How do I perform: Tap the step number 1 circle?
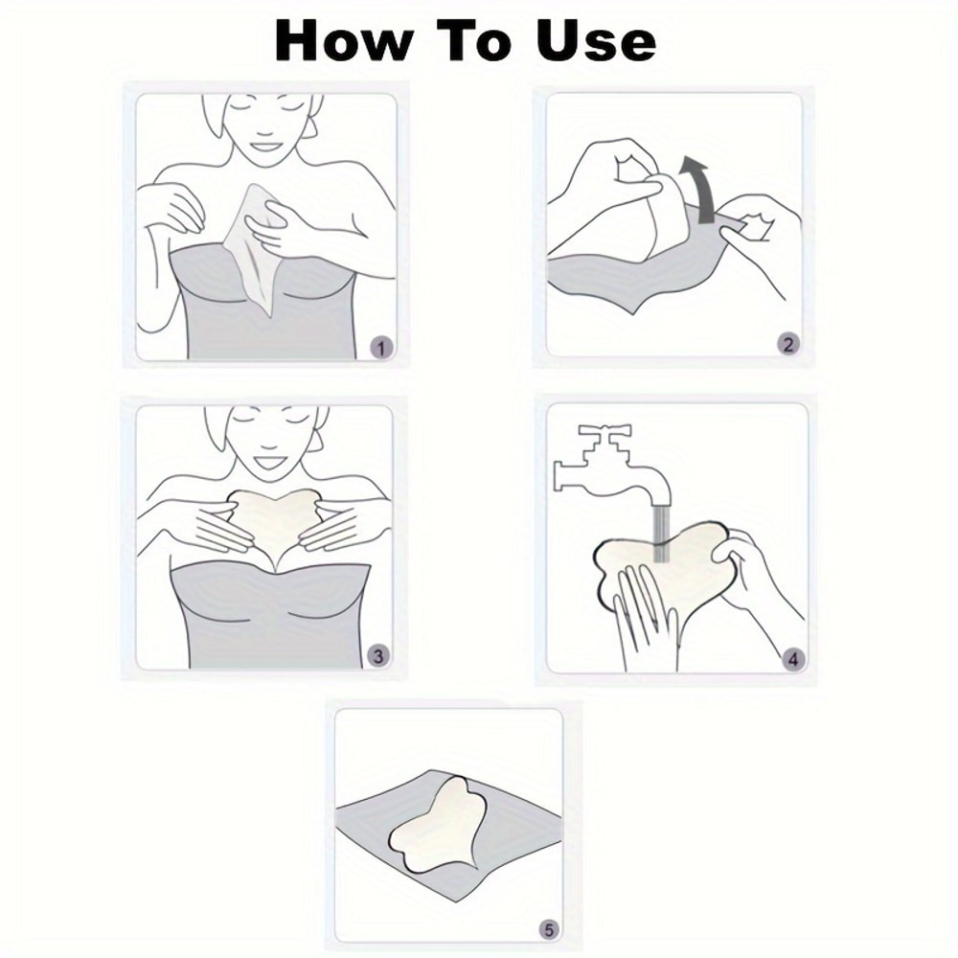(x=381, y=348)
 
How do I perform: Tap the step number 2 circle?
(x=787, y=345)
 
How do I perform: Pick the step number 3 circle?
(x=378, y=656)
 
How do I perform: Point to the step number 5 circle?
(x=547, y=929)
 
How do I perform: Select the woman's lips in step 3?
(x=264, y=461)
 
